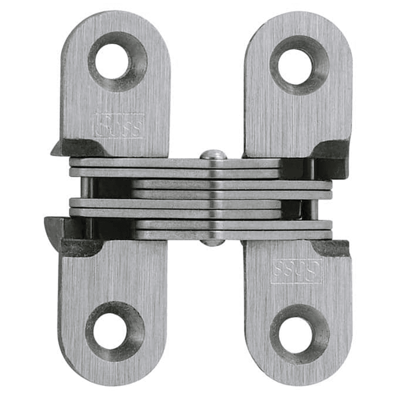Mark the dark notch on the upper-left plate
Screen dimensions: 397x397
pyautogui.click(x=79, y=147)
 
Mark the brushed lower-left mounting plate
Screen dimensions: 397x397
pyautogui.click(x=113, y=286)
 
